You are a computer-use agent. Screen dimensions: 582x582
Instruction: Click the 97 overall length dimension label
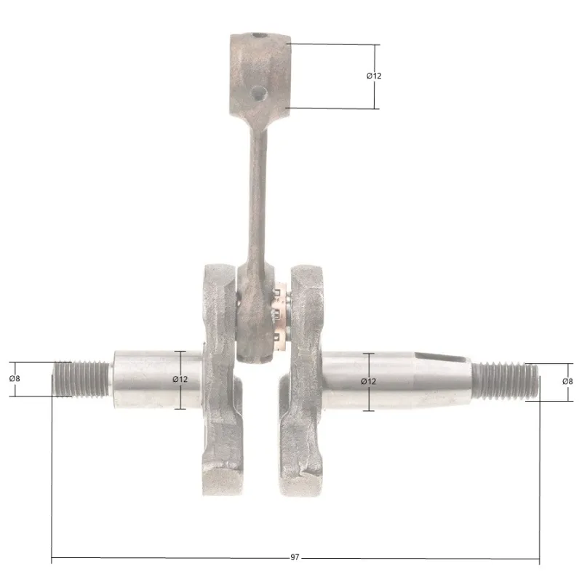tap(295, 557)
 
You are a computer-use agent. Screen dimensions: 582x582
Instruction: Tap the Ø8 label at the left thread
tap(15, 378)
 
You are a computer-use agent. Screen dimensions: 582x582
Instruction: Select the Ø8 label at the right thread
tap(567, 381)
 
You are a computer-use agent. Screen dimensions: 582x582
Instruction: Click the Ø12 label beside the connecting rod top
tap(374, 76)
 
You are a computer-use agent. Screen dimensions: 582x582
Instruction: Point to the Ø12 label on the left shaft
tap(180, 379)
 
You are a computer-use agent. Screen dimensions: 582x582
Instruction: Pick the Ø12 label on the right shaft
tap(369, 381)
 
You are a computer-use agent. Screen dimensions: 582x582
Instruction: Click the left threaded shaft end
tap(81, 379)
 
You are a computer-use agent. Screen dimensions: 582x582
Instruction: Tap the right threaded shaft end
tap(506, 382)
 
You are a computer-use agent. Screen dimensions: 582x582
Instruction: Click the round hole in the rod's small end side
tap(259, 93)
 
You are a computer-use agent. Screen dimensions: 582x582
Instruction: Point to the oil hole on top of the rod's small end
tap(260, 36)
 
